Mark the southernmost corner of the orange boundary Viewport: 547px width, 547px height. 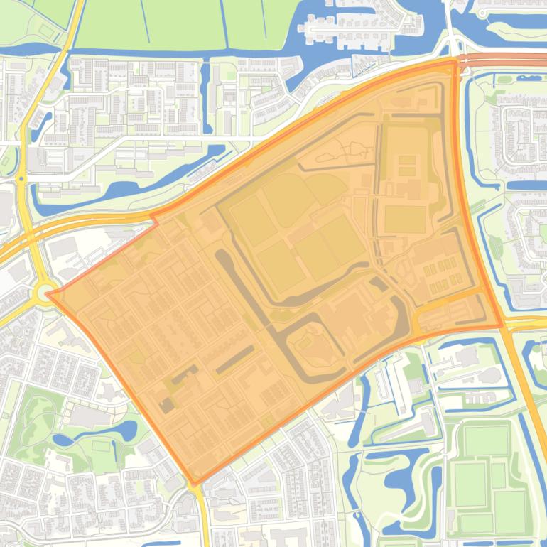click(194, 484)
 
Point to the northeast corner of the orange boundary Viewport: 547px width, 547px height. click(455, 62)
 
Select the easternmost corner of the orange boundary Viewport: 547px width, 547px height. click(502, 326)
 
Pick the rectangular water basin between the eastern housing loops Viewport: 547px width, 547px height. click(526, 186)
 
